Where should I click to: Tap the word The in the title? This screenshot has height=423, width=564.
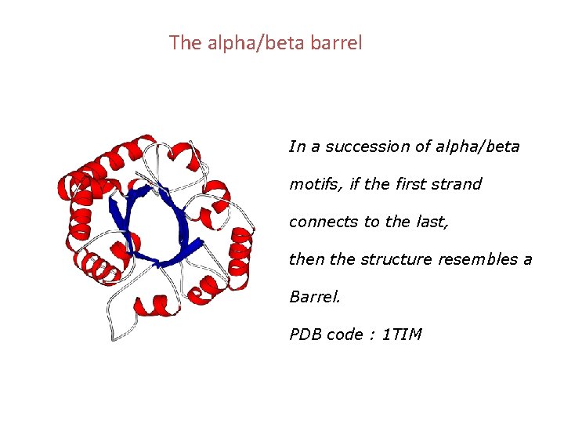(185, 43)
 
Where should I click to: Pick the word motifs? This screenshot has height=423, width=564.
(309, 185)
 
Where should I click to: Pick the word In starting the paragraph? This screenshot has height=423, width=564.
(297, 147)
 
